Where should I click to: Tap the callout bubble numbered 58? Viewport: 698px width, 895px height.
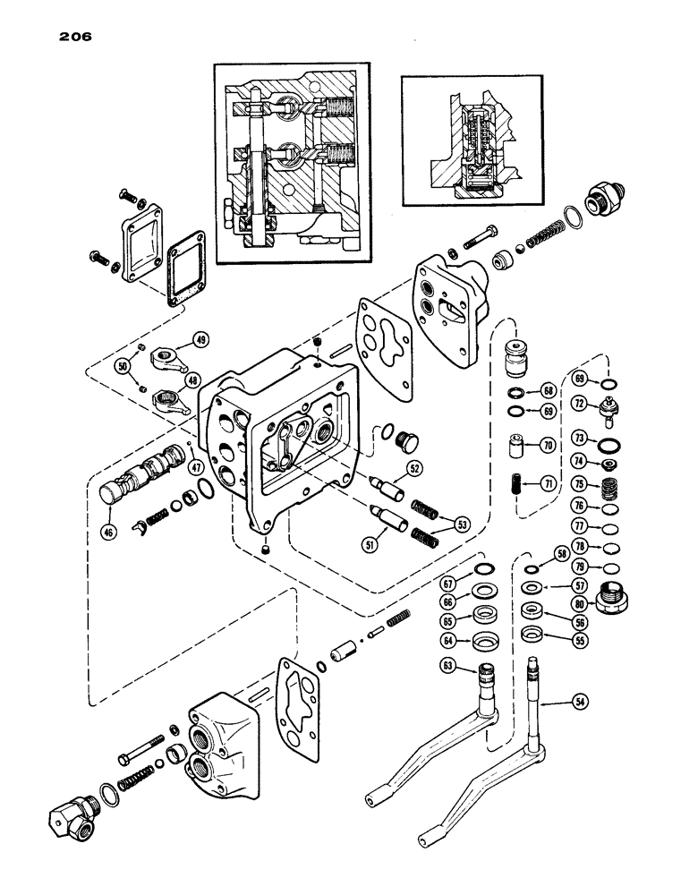pos(562,555)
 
